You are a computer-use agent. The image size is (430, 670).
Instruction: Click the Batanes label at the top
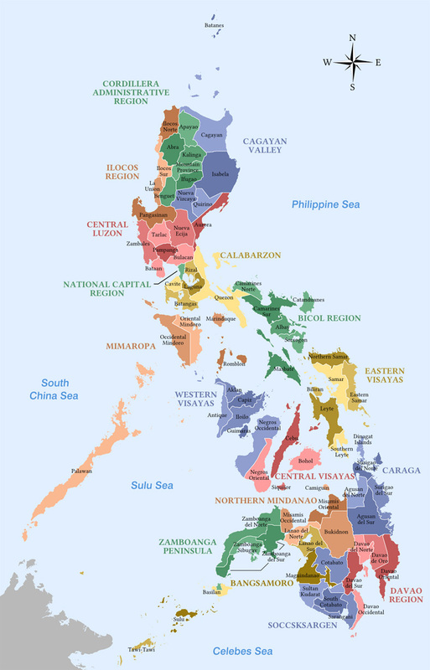(x=214, y=25)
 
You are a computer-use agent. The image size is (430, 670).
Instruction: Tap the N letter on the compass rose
(x=352, y=38)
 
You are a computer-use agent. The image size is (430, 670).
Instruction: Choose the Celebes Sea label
(x=242, y=651)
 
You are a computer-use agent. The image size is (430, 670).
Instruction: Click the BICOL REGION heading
(x=329, y=318)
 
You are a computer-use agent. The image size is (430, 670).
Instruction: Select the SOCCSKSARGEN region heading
(x=303, y=625)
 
